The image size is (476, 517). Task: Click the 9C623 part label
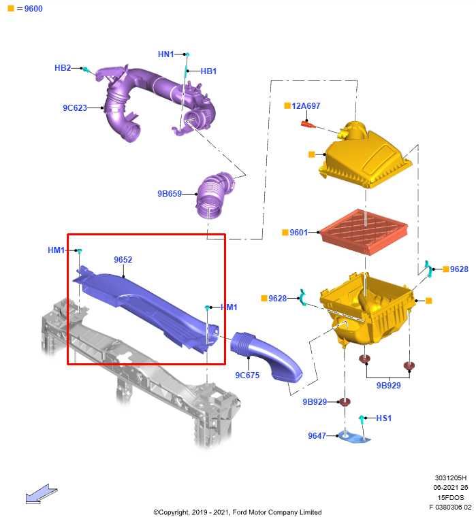coord(75,107)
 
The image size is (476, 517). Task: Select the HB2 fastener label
coord(63,68)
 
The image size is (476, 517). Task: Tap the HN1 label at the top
coord(165,54)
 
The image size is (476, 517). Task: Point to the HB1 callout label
coord(208,71)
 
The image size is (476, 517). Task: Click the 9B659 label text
coord(170,194)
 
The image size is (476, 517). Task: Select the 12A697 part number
coord(306,106)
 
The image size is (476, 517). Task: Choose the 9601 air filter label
coord(298,233)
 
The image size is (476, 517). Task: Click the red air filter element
coord(364,231)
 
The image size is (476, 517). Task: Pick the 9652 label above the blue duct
coord(123,259)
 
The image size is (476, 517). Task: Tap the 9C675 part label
coord(247,376)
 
